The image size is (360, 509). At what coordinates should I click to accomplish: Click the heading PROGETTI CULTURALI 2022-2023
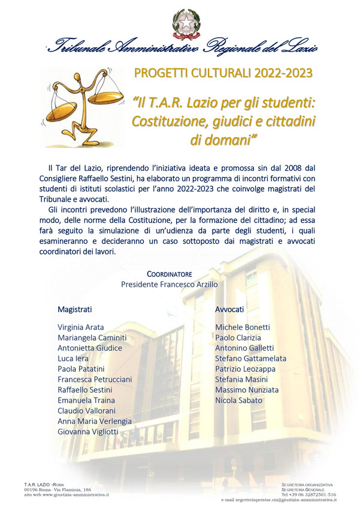(x=223, y=74)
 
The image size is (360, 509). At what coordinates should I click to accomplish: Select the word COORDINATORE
(x=170, y=274)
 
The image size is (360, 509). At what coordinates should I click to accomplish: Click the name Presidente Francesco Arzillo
(x=169, y=284)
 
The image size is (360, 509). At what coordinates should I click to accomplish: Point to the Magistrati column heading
(x=75, y=309)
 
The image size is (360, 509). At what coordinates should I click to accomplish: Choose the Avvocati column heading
(x=229, y=309)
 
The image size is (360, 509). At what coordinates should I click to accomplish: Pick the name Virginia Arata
(x=81, y=328)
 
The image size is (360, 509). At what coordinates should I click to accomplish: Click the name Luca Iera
(x=74, y=358)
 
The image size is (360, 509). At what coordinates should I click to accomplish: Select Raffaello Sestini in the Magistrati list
(x=84, y=389)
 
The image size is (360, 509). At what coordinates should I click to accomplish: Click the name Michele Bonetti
(x=243, y=328)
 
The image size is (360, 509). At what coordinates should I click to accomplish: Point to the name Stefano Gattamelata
(x=250, y=358)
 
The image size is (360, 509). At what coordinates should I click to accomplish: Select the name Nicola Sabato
(x=238, y=400)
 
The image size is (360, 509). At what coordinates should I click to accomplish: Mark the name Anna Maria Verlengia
(x=95, y=421)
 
